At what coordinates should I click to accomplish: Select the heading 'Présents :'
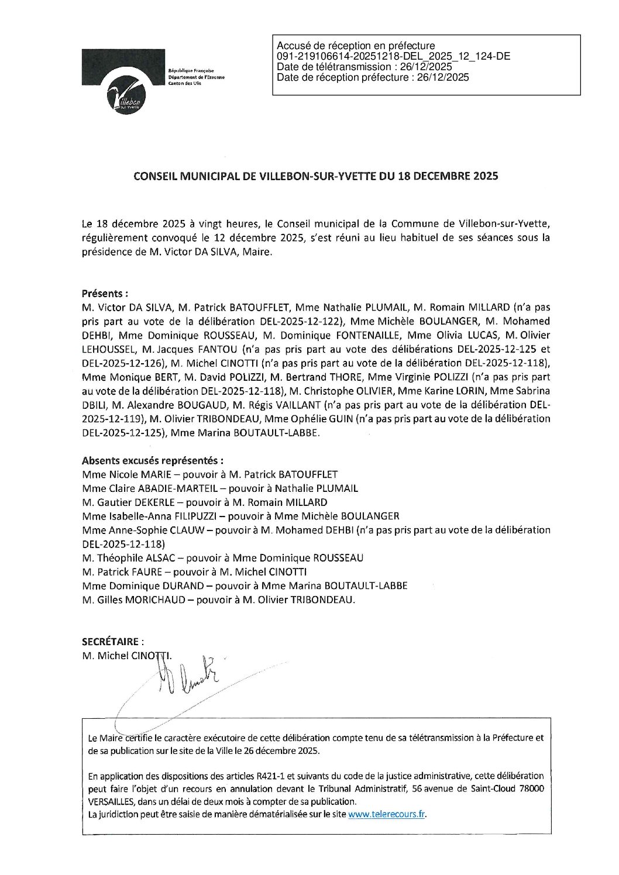pos(105,293)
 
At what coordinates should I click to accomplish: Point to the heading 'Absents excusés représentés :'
pos(153,460)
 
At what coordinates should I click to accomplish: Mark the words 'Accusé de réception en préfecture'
pos(356,46)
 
